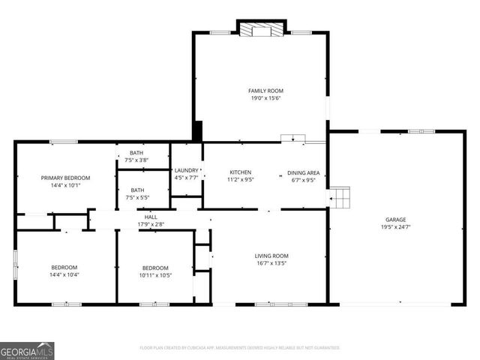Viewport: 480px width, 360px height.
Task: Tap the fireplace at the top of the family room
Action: click(262, 30)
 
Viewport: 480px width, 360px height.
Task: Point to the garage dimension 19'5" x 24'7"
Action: click(396, 226)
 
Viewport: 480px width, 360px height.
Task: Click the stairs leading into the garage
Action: click(341, 198)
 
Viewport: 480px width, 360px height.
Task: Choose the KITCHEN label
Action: click(240, 172)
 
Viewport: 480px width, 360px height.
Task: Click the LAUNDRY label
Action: click(186, 170)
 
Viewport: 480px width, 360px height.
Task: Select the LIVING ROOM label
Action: click(271, 256)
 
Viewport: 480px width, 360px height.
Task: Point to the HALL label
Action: click(151, 217)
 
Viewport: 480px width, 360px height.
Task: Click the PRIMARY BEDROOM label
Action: click(65, 178)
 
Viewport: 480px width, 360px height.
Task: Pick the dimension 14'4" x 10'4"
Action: click(64, 275)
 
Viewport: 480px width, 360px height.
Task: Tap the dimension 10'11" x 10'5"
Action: click(155, 275)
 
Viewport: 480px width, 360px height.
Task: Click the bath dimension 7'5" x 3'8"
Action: click(137, 160)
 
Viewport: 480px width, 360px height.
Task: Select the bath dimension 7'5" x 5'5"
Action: click(137, 198)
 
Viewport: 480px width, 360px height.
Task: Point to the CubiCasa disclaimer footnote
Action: click(240, 348)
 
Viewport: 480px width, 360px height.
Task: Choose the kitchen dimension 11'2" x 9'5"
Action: click(240, 179)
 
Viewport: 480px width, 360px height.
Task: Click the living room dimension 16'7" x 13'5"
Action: click(271, 263)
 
